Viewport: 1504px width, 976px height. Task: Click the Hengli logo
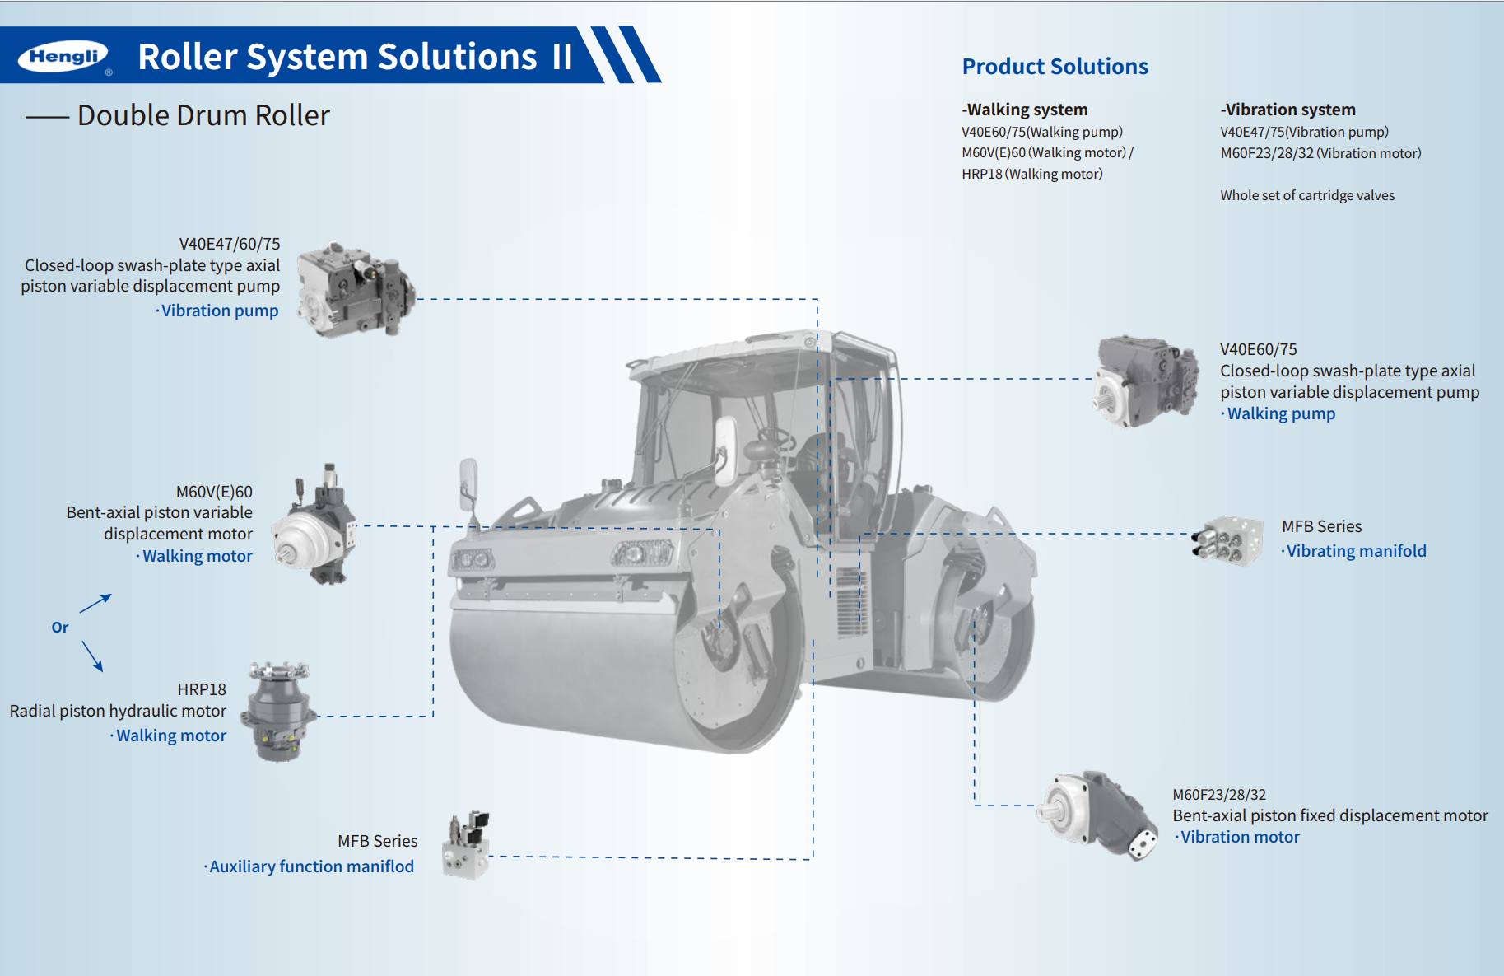pos(63,56)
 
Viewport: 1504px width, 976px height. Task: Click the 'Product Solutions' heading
pos(1055,67)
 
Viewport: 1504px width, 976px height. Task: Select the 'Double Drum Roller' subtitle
pos(203,115)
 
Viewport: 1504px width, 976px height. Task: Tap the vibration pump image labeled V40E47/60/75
pos(355,289)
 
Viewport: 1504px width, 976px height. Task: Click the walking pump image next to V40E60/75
pos(1145,381)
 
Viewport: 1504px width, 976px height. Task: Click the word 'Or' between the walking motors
pos(60,628)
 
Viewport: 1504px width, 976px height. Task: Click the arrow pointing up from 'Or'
pos(95,604)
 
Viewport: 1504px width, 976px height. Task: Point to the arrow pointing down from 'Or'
pos(92,656)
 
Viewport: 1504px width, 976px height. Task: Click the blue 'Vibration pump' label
pos(219,311)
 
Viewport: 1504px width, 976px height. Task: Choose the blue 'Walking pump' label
pos(1280,413)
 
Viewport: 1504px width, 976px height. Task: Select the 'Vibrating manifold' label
pos(1355,551)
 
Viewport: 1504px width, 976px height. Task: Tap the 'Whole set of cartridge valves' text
pos(1306,195)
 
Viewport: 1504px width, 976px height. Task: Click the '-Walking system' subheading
pos(1025,110)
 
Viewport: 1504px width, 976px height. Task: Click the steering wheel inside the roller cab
pos(775,436)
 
